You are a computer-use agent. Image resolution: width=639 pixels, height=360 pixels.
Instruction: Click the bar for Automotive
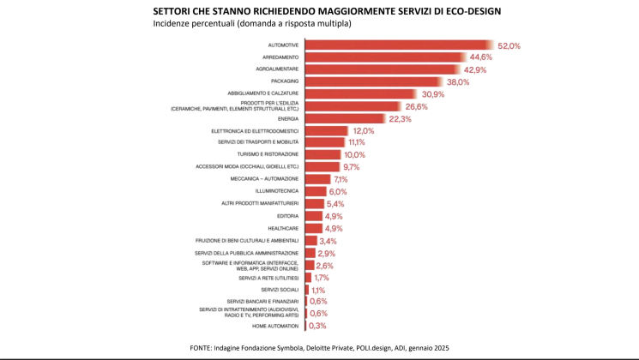point(399,45)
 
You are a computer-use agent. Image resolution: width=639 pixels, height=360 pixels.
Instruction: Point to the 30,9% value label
point(432,94)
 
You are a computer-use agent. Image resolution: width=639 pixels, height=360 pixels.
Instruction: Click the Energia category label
point(289,119)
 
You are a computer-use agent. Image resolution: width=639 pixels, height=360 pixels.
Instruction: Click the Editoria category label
point(287,216)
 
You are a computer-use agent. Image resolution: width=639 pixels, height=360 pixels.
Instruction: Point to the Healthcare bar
point(312,229)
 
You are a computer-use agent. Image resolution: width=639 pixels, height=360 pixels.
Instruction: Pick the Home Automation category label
point(275,326)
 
